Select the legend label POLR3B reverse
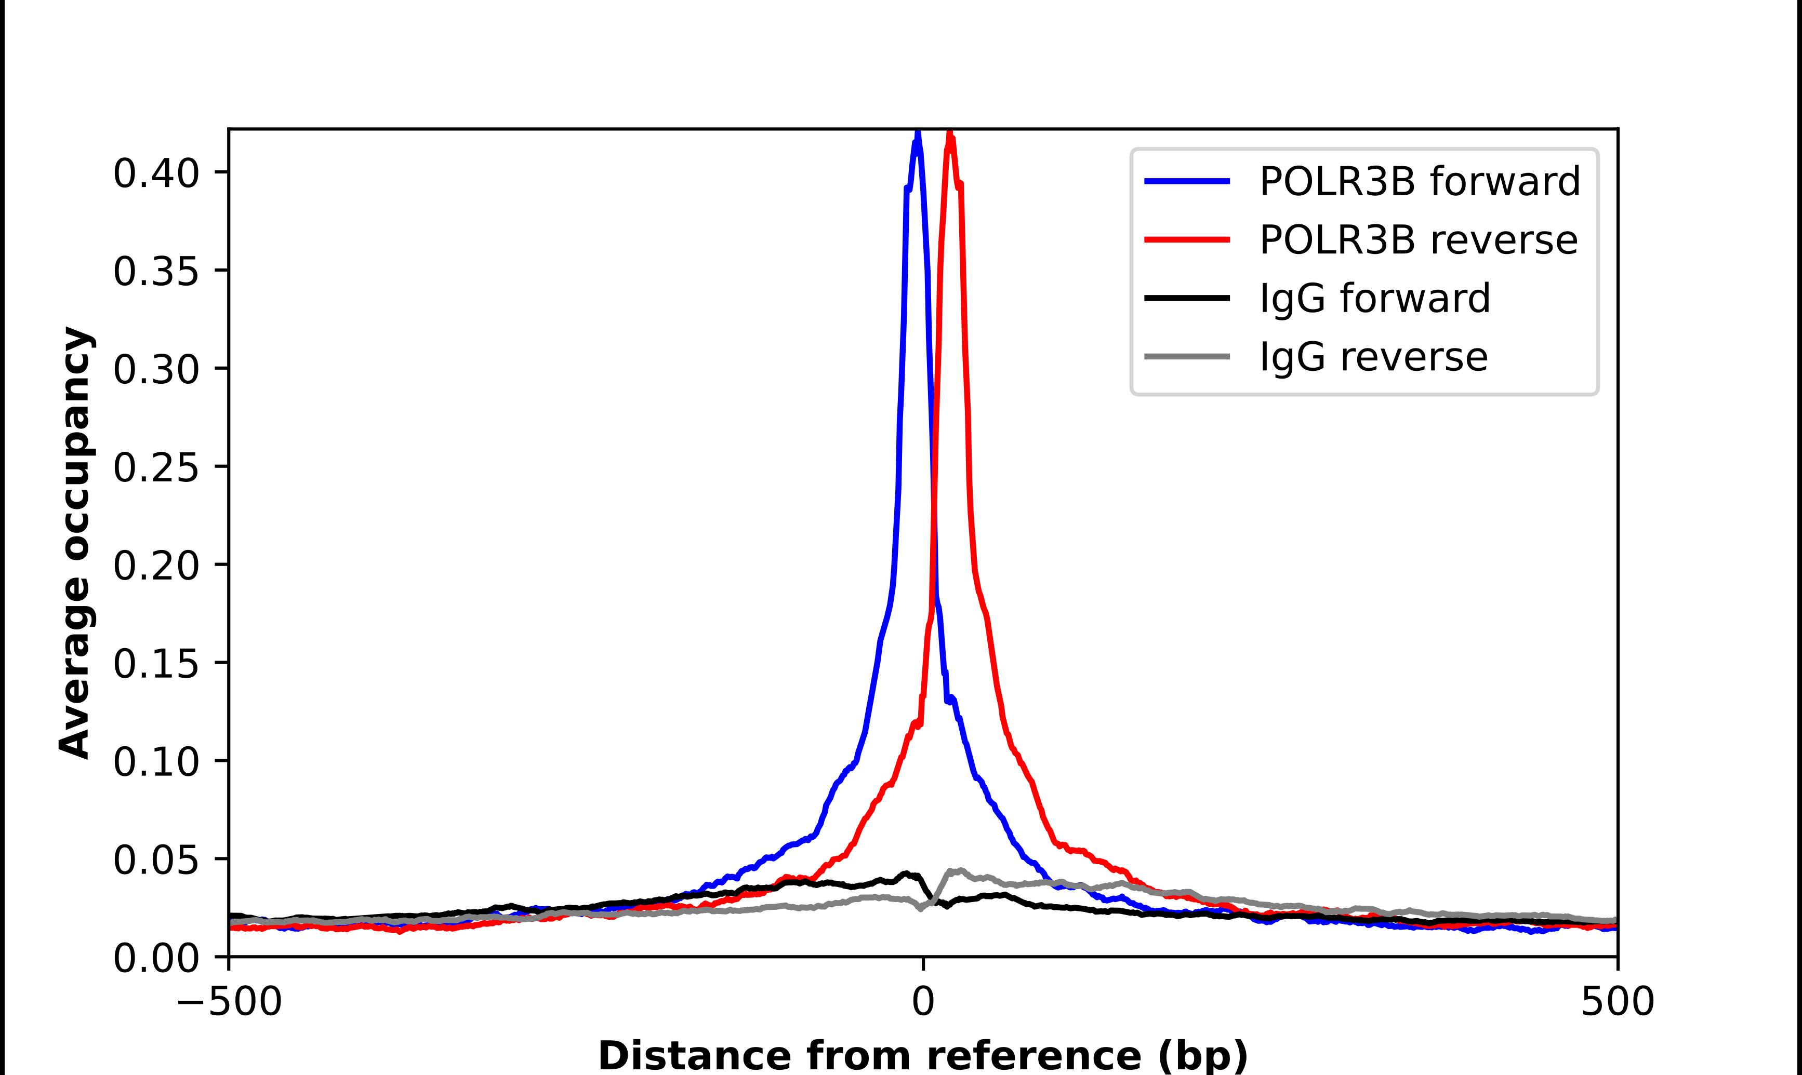pyautogui.click(x=1418, y=240)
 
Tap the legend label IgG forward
pyautogui.click(x=1374, y=299)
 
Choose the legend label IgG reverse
pyautogui.click(x=1373, y=357)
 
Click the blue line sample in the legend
pyautogui.click(x=1187, y=181)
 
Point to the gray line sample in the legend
pyautogui.click(x=1187, y=356)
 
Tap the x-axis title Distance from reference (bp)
pyautogui.click(x=922, y=1055)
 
